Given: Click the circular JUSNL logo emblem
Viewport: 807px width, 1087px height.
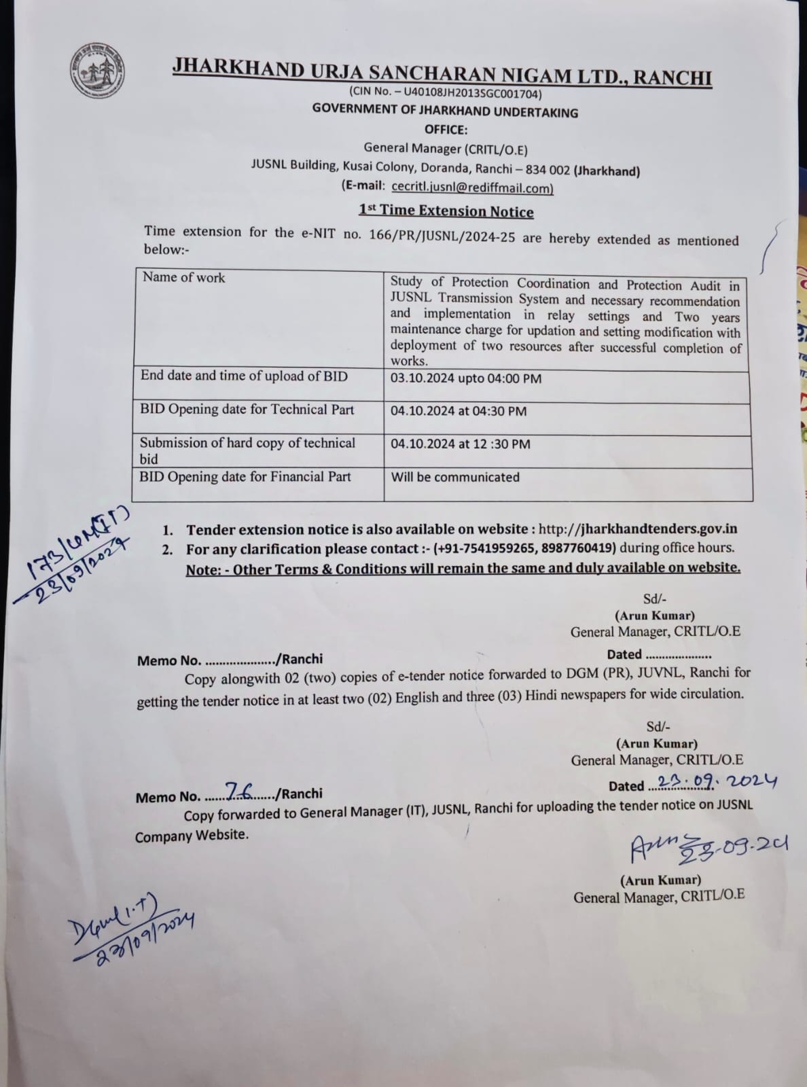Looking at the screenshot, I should pos(98,73).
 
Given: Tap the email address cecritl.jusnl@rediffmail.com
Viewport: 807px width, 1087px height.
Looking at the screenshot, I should pos(472,188).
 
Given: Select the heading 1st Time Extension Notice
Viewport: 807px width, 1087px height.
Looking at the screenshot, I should pos(446,211).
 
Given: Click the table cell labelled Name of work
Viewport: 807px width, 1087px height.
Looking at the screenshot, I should pos(183,277).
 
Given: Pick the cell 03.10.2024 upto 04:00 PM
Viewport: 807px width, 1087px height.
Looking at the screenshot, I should pos(466,378).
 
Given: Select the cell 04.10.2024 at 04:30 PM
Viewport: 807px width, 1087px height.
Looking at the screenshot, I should pos(459,411).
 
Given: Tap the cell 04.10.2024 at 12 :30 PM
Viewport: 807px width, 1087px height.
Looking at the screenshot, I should pos(461,444).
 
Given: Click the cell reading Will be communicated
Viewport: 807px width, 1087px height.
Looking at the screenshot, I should pos(455,477).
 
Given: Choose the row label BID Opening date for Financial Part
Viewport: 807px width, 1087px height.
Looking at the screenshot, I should pos(245,477).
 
